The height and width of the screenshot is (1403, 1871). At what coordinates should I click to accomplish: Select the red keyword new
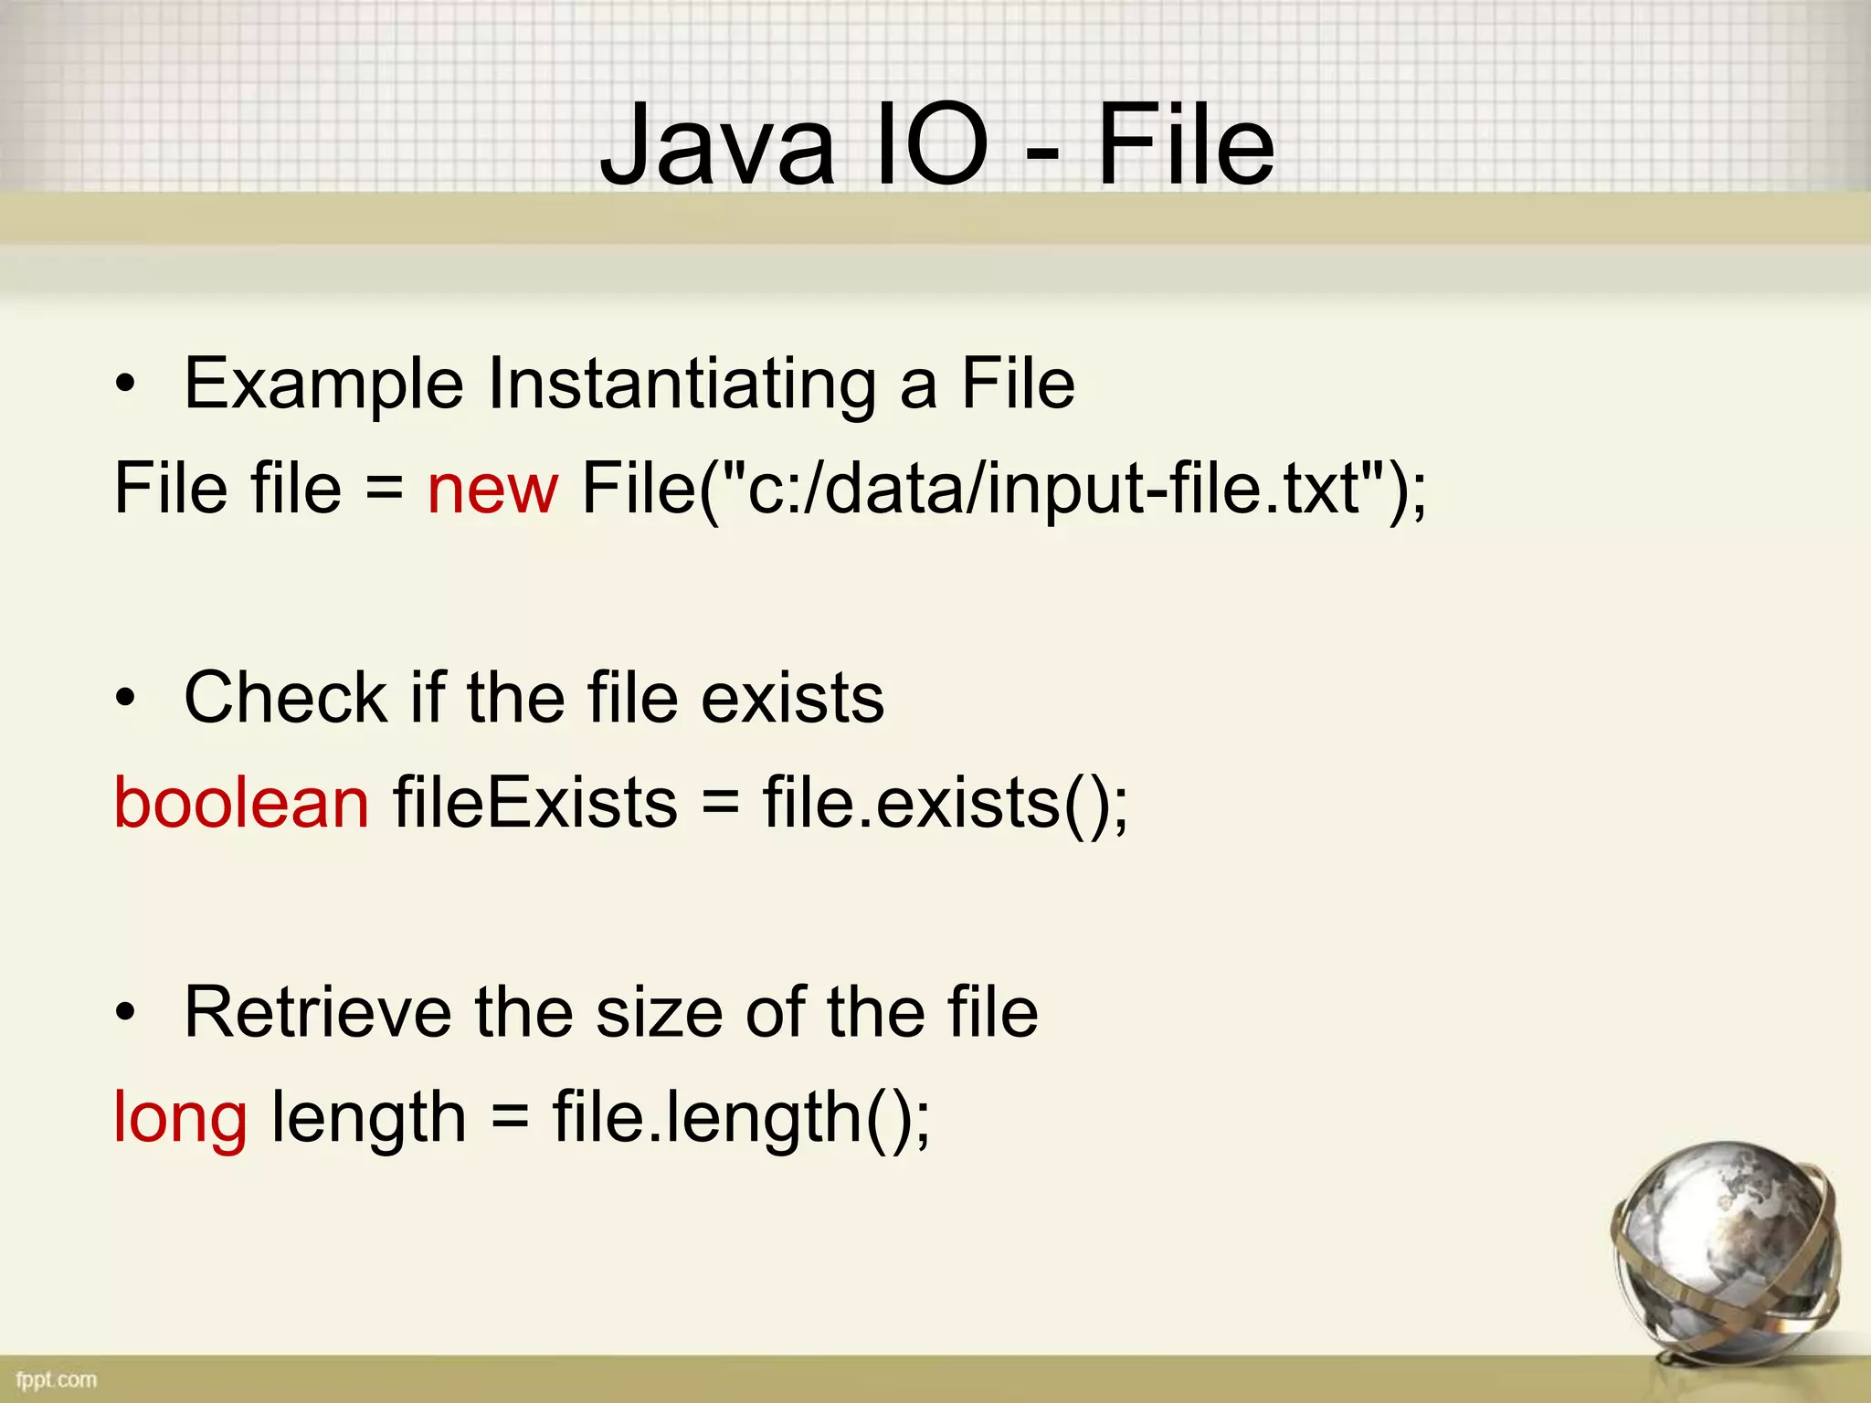pos(492,489)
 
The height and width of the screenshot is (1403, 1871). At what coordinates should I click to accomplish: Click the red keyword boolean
pos(241,803)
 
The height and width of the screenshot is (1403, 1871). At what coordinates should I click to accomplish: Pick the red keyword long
pos(180,1119)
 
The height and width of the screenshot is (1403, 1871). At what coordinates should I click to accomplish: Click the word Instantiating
pos(682,385)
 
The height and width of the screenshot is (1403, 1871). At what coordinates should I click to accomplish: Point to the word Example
pos(323,385)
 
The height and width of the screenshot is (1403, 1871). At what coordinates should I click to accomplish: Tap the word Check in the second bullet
pos(286,699)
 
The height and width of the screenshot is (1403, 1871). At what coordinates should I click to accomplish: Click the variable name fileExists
pos(535,803)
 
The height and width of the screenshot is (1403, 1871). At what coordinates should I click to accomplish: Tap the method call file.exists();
pos(946,803)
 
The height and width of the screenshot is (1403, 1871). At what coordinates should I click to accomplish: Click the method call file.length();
pos(741,1119)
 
